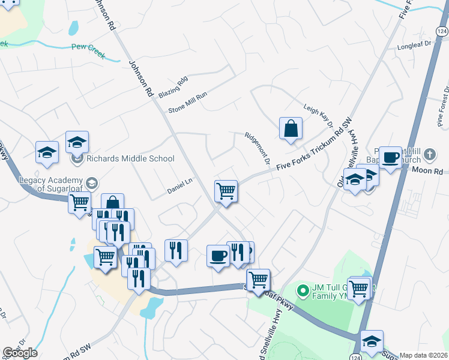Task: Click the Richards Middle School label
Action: coord(130,159)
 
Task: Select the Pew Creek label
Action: coord(88,51)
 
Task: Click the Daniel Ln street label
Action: coord(179,190)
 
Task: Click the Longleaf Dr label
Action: coord(414,44)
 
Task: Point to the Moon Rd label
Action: coord(427,170)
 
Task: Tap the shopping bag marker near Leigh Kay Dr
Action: coord(291,128)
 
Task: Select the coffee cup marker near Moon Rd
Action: coord(390,158)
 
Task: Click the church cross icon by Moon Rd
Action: coord(429,155)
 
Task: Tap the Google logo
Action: coord(20,353)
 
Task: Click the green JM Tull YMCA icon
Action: coord(304,291)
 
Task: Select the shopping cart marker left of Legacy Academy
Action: coord(79,203)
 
